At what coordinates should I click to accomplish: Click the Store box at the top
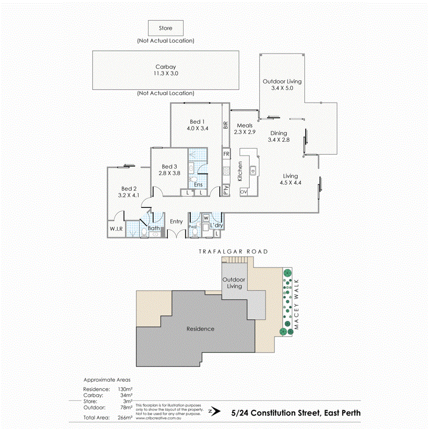(x=165, y=29)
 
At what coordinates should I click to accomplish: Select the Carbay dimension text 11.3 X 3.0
(x=165, y=74)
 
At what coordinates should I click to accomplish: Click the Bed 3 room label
(x=170, y=166)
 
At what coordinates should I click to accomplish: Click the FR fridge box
(x=226, y=154)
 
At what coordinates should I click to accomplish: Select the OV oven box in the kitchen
(x=243, y=192)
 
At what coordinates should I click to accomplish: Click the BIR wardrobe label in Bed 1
(x=226, y=125)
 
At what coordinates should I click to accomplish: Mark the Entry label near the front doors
(x=176, y=221)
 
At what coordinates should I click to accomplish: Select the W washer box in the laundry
(x=206, y=218)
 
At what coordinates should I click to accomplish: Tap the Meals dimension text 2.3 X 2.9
(x=244, y=132)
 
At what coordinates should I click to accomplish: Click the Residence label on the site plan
(x=200, y=329)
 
